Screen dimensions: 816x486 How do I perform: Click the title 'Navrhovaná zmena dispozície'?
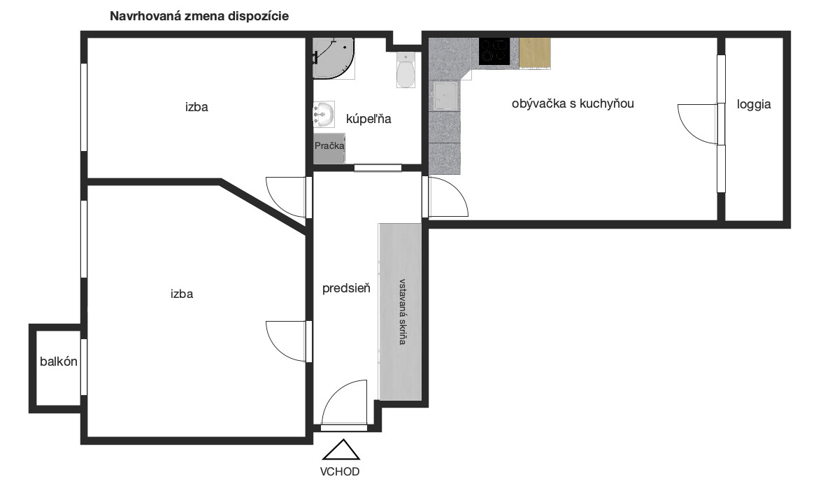[199, 16]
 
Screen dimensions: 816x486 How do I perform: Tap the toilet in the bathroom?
[406, 70]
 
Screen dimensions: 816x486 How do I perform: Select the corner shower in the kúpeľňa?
[334, 58]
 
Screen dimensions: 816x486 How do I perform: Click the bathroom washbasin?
[323, 114]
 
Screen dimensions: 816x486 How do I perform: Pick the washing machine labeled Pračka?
[329, 148]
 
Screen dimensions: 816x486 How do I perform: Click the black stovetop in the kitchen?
[494, 52]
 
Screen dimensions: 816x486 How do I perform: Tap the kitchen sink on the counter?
[445, 97]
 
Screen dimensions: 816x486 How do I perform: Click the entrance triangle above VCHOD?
[341, 450]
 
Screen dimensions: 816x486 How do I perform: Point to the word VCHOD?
[340, 472]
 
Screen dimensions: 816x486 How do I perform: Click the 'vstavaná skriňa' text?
[402, 312]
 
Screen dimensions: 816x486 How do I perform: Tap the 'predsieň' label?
[346, 287]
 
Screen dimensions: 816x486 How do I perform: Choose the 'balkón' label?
[59, 362]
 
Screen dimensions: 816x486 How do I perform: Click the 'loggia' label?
[754, 105]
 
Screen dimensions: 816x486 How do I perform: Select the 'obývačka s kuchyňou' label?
[573, 103]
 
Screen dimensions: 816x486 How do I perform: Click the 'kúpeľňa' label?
[368, 119]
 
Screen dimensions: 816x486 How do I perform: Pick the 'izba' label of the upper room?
[196, 107]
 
